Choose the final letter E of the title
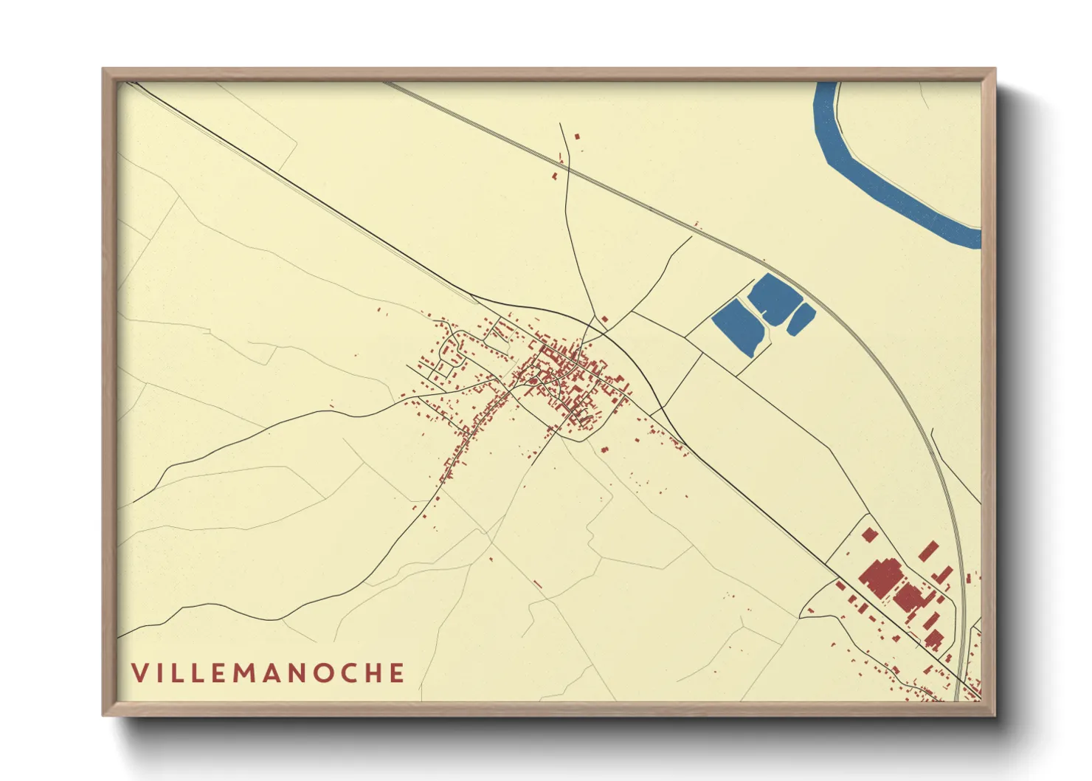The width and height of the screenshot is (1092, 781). (x=398, y=673)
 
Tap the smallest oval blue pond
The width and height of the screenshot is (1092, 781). (x=801, y=319)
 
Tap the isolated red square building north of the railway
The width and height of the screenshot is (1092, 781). (x=577, y=137)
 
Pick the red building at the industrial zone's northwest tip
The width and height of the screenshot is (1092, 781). (x=868, y=534)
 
